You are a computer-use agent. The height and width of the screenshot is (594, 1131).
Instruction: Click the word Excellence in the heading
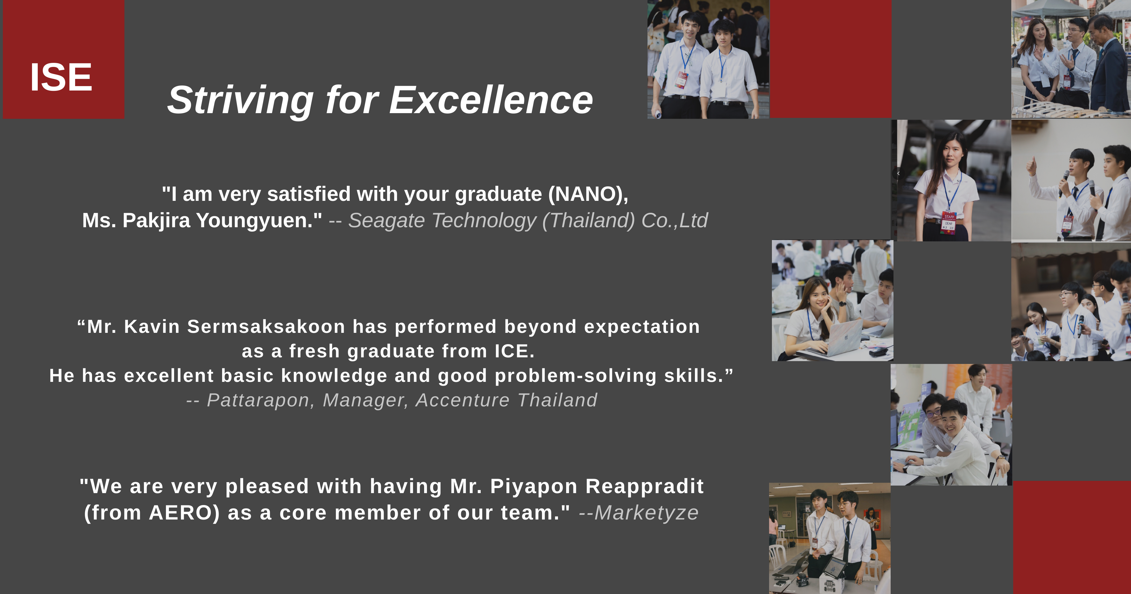click(491, 100)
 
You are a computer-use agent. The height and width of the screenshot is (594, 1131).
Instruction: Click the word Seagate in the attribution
click(387, 221)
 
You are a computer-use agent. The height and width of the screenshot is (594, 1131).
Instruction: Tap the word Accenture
click(463, 400)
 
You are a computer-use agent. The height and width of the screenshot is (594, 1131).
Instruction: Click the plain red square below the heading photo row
click(830, 59)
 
